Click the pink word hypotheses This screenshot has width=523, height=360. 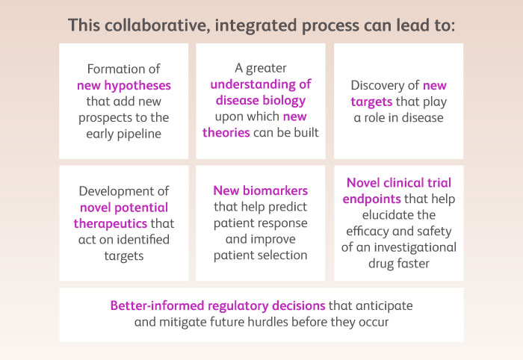pyautogui.click(x=137, y=86)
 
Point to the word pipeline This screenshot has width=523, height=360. pyautogui.click(x=140, y=134)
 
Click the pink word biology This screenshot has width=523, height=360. pyautogui.click(x=284, y=101)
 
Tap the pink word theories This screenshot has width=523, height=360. pyautogui.click(x=226, y=133)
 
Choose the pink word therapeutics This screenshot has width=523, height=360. pyautogui.click(x=111, y=223)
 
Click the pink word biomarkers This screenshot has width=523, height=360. pyautogui.click(x=275, y=190)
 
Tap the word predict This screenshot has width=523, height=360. pyautogui.click(x=288, y=207)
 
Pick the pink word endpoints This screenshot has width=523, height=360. pyautogui.click(x=371, y=199)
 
